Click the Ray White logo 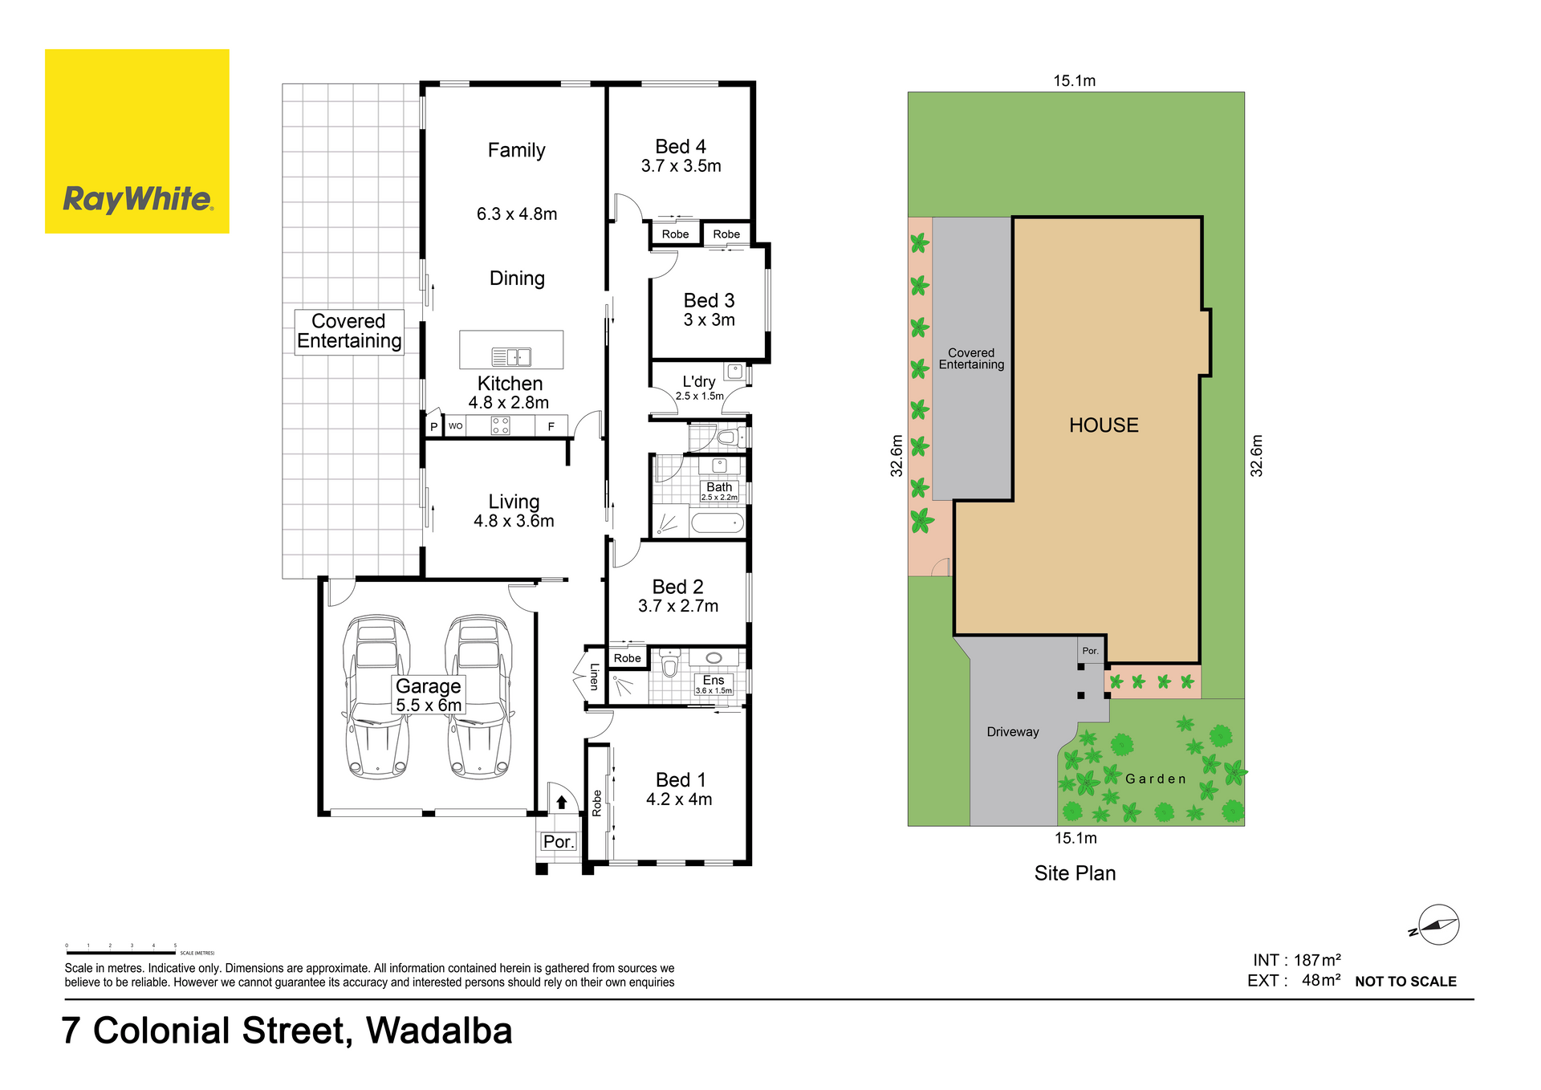(x=137, y=141)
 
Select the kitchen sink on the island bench (x=511, y=356)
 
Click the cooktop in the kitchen (x=500, y=425)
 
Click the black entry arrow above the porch (x=562, y=802)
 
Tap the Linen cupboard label (x=595, y=677)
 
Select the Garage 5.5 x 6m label (x=429, y=695)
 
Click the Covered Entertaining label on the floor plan (x=349, y=331)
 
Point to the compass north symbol (x=1437, y=925)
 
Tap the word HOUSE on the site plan (x=1104, y=425)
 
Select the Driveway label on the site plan (x=1013, y=732)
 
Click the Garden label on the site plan (x=1156, y=779)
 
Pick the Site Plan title (x=1075, y=873)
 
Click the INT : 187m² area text (x=1297, y=960)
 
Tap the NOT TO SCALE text (x=1405, y=982)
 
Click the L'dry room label (x=699, y=382)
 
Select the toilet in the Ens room (x=670, y=663)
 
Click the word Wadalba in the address (x=439, y=1031)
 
